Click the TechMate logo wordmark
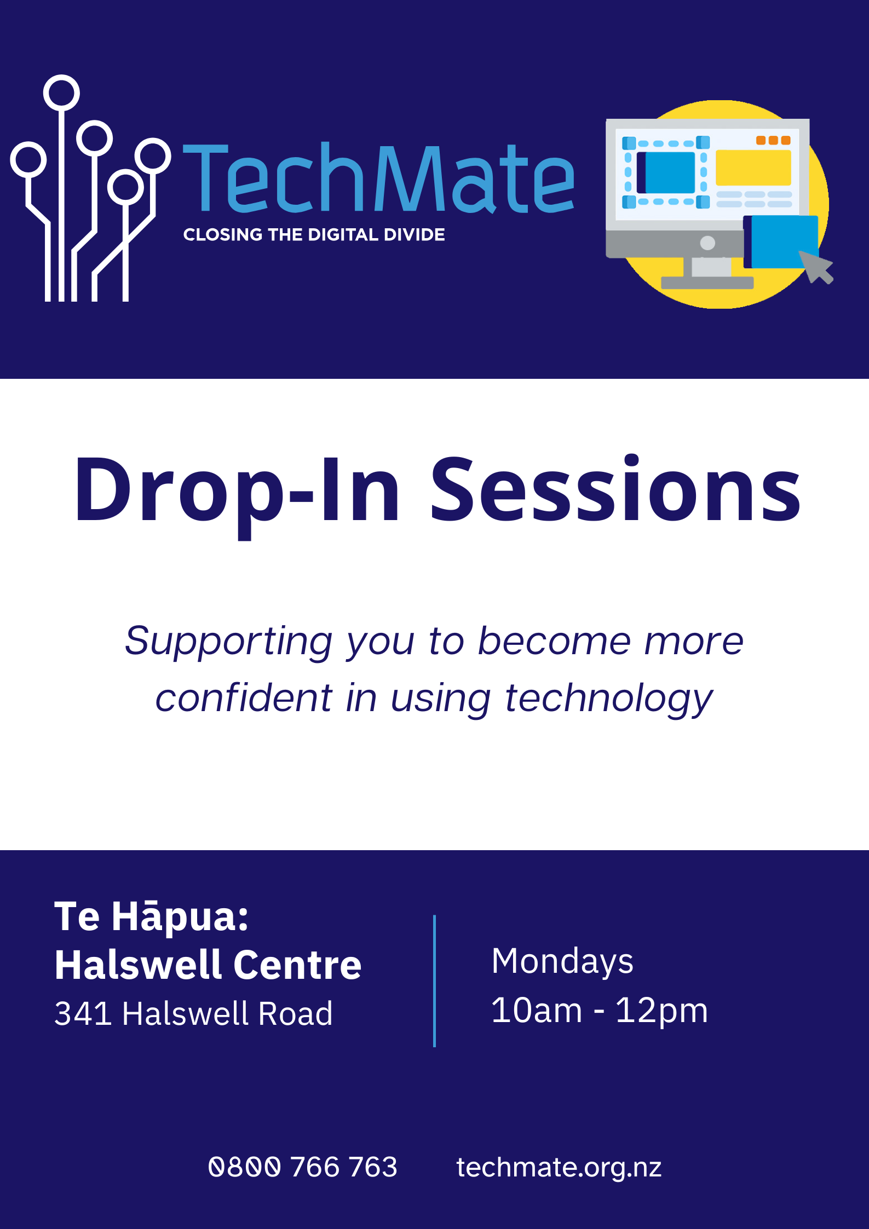378,178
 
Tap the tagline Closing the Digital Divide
314,235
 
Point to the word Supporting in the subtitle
228,642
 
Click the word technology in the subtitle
608,699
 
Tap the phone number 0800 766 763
302,1167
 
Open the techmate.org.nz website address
559,1167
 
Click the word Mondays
562,961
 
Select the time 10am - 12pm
599,1011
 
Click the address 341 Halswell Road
193,1013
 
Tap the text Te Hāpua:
151,916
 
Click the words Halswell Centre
208,965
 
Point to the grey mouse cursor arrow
816,267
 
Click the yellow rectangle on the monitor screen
753,168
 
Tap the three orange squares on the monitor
773,140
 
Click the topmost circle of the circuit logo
61,93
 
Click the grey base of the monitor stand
707,283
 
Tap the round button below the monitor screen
707,243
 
